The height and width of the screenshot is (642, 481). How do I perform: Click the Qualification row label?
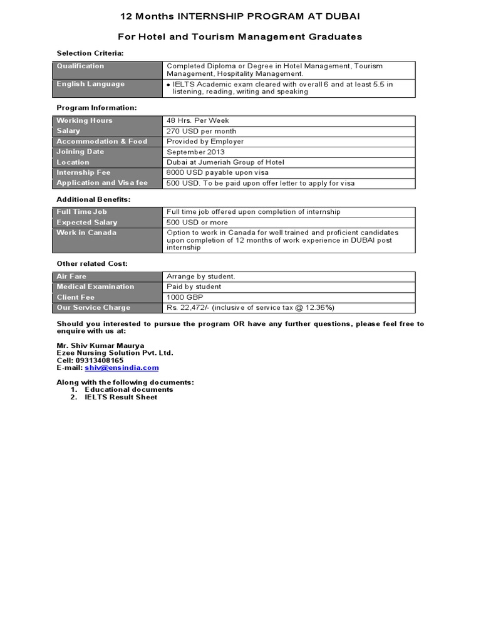[x=81, y=66]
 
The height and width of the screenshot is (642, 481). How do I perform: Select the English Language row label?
[x=91, y=84]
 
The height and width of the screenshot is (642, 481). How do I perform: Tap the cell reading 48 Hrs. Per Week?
[x=198, y=120]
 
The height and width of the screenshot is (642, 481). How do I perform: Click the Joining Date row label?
[x=81, y=152]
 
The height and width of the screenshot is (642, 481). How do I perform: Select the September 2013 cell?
[x=195, y=152]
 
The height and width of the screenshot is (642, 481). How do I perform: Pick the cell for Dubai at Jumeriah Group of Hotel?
[x=225, y=162]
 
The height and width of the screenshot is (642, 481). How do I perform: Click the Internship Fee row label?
[x=83, y=172]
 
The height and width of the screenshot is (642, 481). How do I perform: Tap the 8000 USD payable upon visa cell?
[x=217, y=172]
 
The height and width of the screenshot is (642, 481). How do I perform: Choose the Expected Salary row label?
[x=87, y=223]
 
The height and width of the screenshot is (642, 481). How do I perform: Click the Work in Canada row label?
[x=86, y=233]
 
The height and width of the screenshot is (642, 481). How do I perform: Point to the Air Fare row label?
[x=72, y=276]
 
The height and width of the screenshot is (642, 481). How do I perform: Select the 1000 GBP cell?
[x=185, y=297]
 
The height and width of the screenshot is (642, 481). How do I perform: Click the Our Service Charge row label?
[x=94, y=308]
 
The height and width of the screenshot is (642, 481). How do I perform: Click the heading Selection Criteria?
[x=90, y=53]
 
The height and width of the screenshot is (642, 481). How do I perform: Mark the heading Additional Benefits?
[x=94, y=199]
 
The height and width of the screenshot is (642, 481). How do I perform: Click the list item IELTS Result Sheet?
[x=121, y=397]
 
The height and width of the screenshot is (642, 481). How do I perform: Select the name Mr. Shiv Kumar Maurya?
[x=100, y=345]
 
